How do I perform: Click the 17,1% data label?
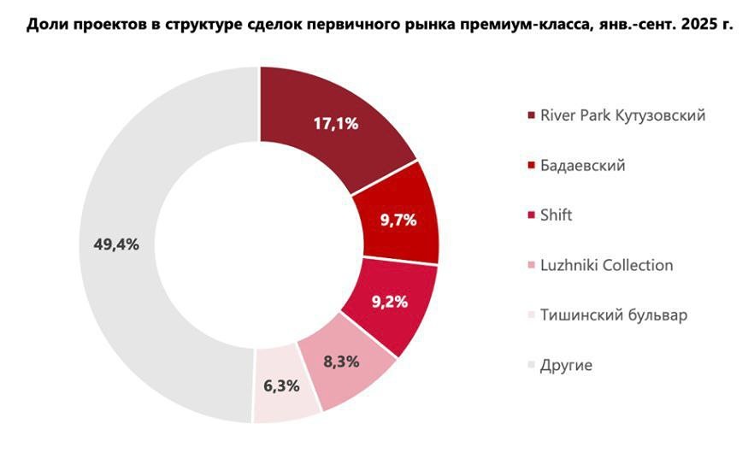(x=335, y=123)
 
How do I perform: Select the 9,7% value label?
(x=398, y=221)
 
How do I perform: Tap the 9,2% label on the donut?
(x=389, y=302)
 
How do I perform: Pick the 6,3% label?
(x=281, y=385)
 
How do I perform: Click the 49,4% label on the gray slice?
(x=115, y=244)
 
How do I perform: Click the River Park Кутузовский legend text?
(x=623, y=115)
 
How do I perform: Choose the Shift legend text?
(x=556, y=215)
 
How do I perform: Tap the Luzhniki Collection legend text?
(x=606, y=265)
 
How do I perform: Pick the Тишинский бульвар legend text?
(x=614, y=315)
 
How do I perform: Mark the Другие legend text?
(x=566, y=365)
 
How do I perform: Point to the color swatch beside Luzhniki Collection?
(x=532, y=266)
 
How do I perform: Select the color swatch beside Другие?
(x=532, y=366)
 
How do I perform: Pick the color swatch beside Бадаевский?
(x=532, y=166)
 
